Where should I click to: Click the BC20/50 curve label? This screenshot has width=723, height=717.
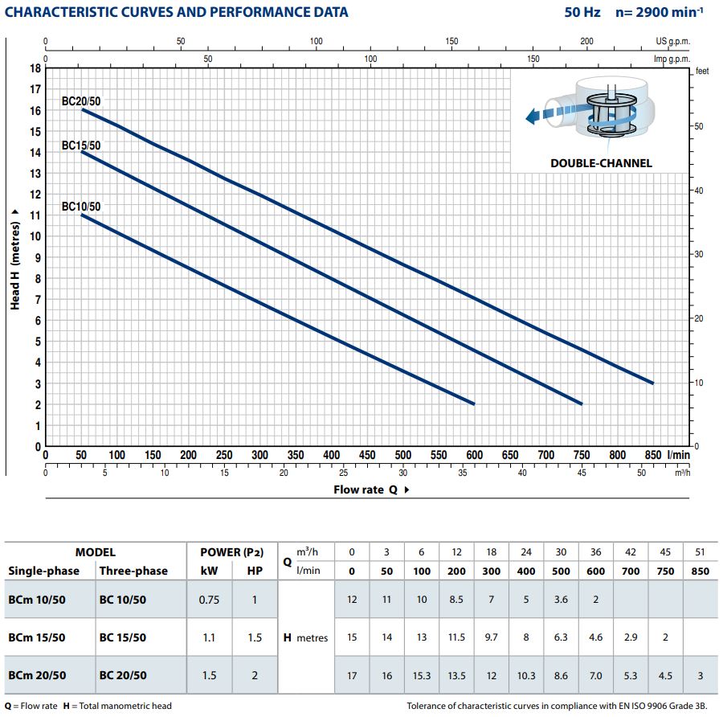click(81, 101)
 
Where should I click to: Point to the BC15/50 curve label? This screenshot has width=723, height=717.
click(81, 145)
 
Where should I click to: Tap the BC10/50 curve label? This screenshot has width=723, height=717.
click(81, 207)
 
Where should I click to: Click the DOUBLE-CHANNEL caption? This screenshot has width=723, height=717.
click(601, 163)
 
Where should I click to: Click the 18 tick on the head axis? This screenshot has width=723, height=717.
click(35, 68)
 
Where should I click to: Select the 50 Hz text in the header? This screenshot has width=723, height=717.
click(582, 12)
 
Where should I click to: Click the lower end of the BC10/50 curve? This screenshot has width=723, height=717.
click(474, 404)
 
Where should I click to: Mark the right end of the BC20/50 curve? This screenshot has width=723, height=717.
click(652, 383)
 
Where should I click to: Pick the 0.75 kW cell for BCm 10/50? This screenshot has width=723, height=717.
click(210, 600)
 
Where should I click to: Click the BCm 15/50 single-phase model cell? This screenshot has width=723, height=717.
click(37, 637)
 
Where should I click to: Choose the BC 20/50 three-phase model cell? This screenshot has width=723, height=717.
click(123, 675)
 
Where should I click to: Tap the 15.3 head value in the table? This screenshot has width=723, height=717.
click(422, 675)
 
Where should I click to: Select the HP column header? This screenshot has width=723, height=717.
click(255, 571)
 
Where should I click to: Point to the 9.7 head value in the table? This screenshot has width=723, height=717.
click(491, 637)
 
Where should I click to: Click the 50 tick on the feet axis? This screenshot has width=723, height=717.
click(699, 127)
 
